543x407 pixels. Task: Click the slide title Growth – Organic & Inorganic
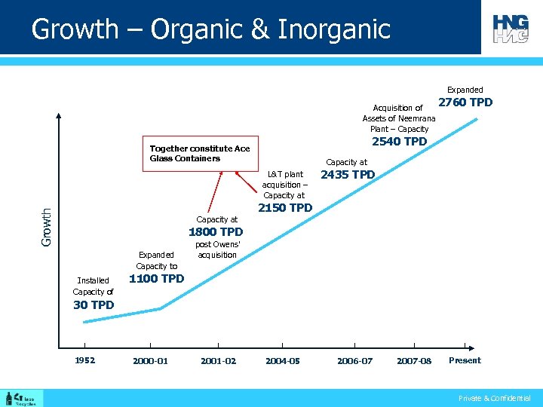[210, 29]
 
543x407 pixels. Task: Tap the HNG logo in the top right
[511, 28]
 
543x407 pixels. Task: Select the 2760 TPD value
[465, 103]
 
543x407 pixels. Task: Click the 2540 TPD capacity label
[399, 142]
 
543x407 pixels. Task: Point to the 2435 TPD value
[348, 175]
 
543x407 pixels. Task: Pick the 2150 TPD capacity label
[285, 208]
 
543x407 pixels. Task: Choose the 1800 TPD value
[216, 232]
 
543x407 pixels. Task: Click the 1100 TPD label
[157, 279]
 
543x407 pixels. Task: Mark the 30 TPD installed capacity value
[94, 305]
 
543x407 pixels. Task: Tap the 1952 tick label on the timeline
[84, 360]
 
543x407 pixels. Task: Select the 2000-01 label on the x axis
[150, 361]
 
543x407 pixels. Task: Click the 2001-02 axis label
[218, 361]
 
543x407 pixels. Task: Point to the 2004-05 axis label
[283, 361]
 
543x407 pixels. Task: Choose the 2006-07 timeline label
[354, 361]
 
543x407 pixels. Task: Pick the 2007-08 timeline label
[414, 361]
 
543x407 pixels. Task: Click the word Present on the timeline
[465, 360]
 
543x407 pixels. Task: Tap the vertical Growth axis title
[47, 227]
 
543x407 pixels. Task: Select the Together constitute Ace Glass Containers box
[200, 154]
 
